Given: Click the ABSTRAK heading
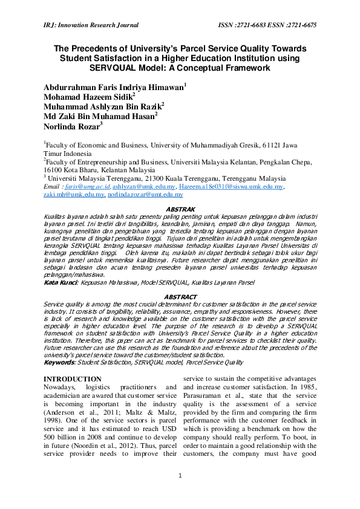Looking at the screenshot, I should pyautogui.click(x=180, y=209).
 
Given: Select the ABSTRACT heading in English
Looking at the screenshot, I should pyautogui.click(x=180, y=297).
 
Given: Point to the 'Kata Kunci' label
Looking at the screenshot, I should pyautogui.click(x=61, y=282).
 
